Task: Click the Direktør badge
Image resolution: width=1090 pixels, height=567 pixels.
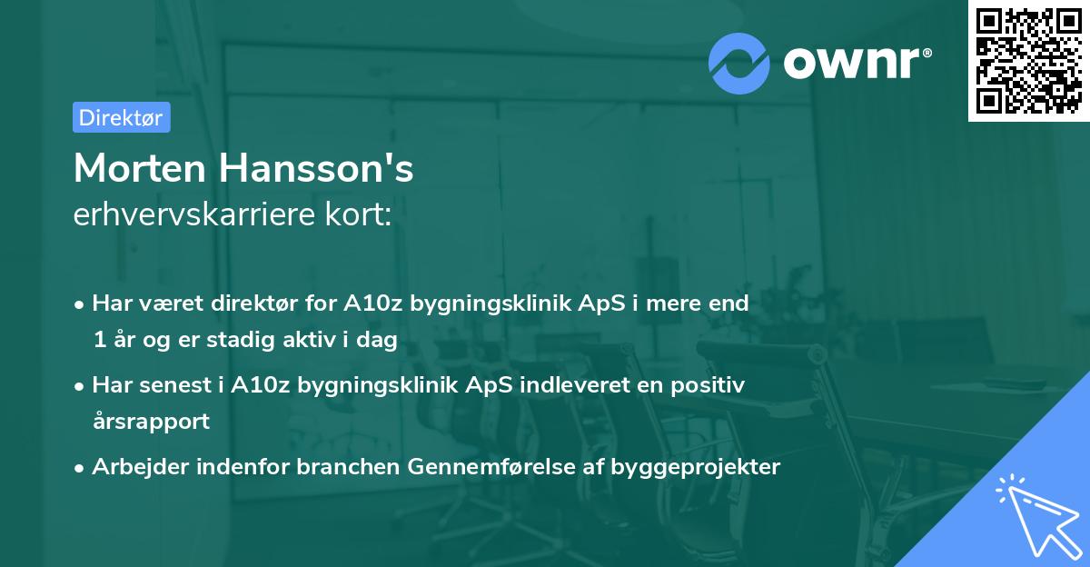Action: (122, 117)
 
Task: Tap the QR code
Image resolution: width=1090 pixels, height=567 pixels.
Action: (1028, 60)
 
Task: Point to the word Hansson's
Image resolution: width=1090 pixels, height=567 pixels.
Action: (314, 168)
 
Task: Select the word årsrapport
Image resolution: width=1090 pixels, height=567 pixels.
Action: (151, 421)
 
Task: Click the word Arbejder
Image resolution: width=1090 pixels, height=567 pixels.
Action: (135, 467)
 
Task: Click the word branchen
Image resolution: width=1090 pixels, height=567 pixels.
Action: (338, 467)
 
